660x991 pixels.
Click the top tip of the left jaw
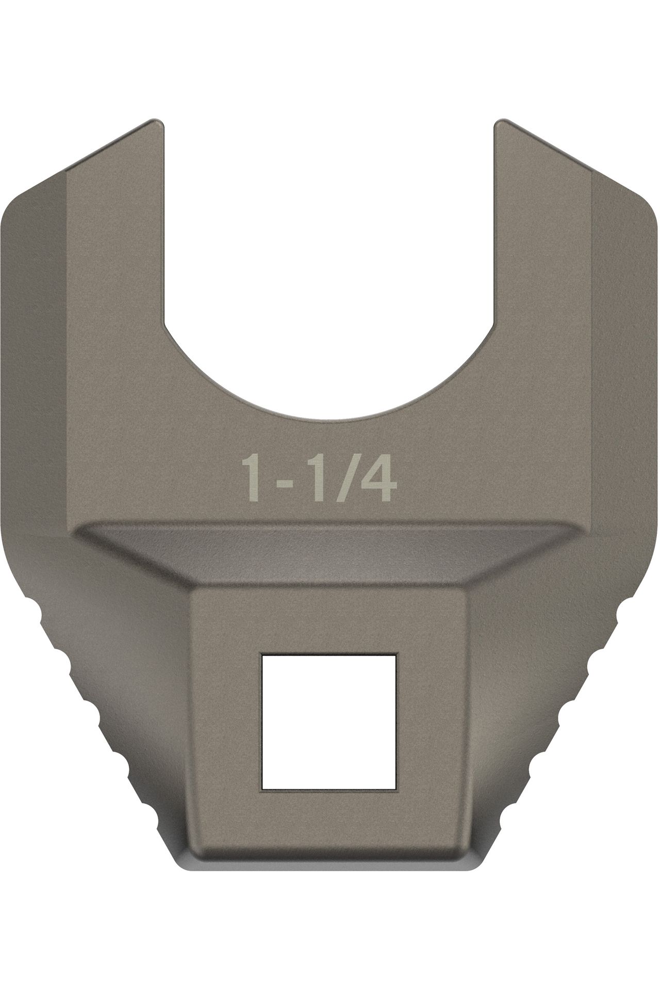157,122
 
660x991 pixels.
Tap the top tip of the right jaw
502,122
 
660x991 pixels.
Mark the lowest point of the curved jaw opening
329,419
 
